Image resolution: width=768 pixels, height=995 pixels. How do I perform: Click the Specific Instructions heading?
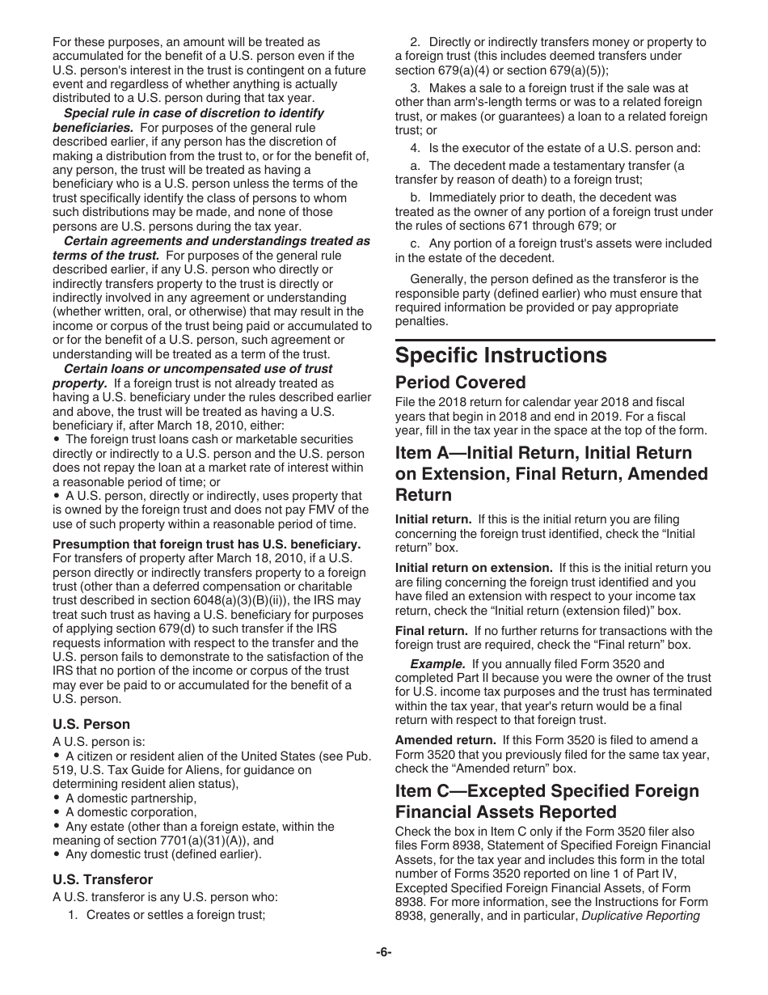tap(500, 356)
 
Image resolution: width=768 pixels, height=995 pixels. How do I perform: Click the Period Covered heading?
tap(460, 383)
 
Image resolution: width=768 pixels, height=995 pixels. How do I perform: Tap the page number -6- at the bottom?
tap(383, 952)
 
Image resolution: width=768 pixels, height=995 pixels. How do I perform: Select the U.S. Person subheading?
tap(91, 724)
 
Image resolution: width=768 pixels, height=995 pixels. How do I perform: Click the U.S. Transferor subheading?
tap(102, 879)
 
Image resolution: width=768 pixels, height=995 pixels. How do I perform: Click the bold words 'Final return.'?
tap(431, 631)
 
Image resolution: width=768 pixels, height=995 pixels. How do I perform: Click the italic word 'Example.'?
tap(437, 664)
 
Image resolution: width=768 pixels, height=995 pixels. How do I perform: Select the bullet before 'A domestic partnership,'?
tap(57, 799)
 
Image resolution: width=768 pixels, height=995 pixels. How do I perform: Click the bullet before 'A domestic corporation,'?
tap(57, 813)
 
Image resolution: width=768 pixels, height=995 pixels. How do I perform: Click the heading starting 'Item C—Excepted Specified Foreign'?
tap(547, 790)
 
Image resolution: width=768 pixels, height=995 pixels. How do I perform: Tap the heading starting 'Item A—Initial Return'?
tap(543, 453)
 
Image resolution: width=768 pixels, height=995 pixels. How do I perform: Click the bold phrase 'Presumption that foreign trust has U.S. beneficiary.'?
tap(206, 544)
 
